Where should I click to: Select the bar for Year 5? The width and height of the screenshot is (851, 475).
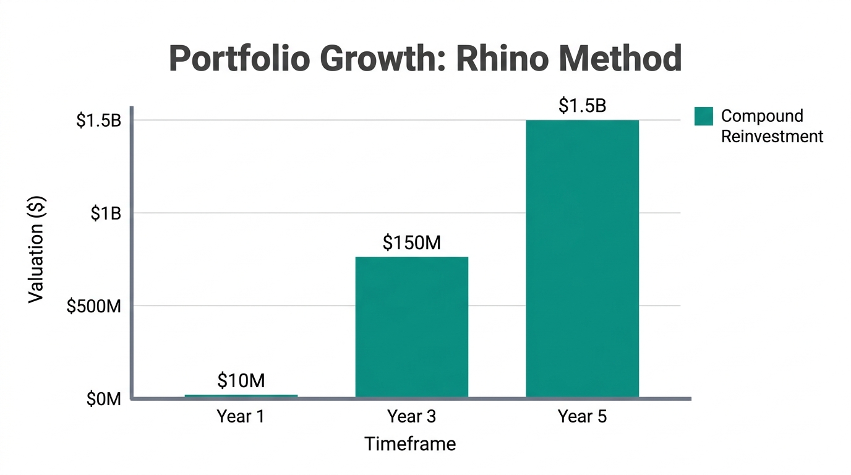click(x=582, y=258)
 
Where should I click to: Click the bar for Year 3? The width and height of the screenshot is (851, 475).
click(x=411, y=327)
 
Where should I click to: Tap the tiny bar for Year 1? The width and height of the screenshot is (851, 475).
click(x=241, y=396)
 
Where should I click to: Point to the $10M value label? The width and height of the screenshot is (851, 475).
click(x=241, y=380)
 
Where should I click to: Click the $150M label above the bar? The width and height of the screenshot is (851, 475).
click(x=411, y=243)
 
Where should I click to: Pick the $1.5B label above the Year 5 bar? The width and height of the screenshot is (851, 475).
click(x=582, y=106)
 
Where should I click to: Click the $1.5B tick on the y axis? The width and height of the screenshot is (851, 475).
click(x=98, y=121)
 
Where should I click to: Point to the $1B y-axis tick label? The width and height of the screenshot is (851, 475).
click(x=106, y=213)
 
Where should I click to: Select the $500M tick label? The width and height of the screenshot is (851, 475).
click(x=94, y=306)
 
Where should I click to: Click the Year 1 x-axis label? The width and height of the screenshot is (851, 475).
click(x=241, y=417)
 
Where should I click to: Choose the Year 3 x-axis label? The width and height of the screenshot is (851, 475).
click(x=411, y=417)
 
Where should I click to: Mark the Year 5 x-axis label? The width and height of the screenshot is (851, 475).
click(x=582, y=417)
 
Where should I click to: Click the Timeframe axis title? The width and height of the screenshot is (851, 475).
click(x=410, y=443)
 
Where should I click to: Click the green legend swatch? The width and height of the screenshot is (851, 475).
click(x=703, y=116)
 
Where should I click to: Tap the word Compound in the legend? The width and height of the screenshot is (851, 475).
click(x=762, y=116)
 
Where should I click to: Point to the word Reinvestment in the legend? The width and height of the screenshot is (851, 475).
click(x=772, y=136)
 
